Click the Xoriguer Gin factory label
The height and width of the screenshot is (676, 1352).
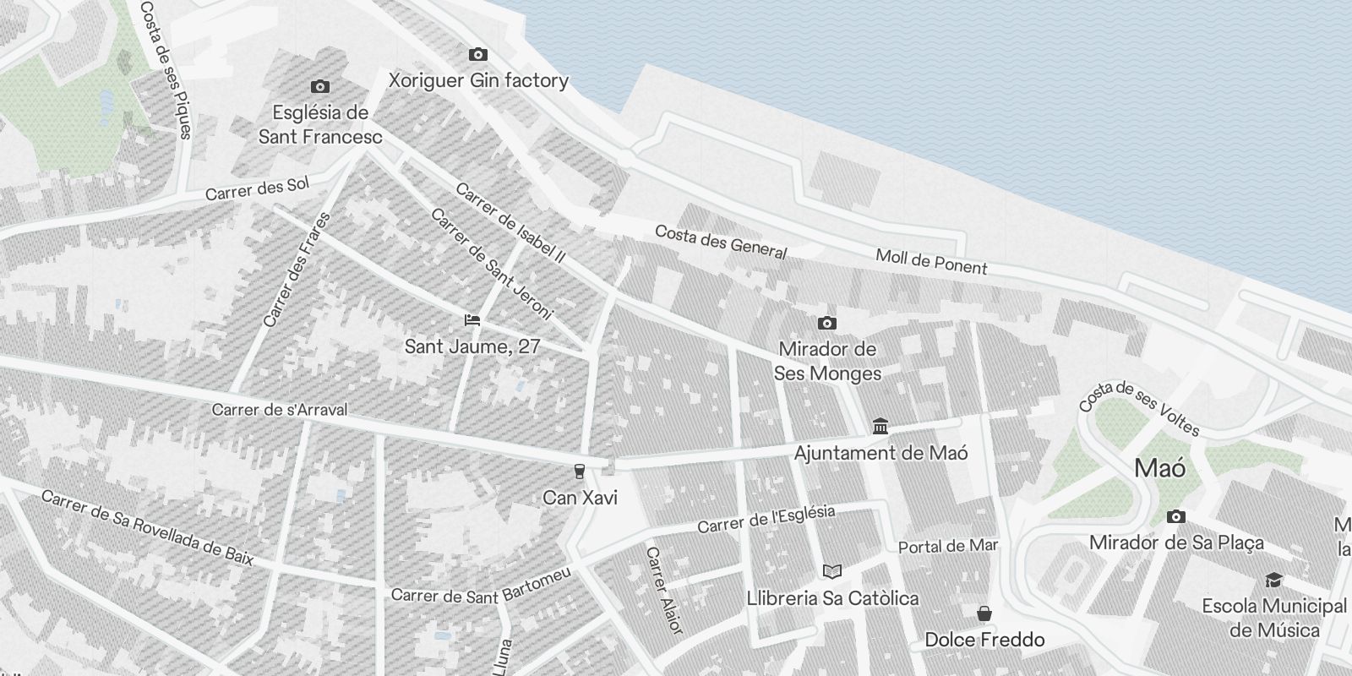point(477,81)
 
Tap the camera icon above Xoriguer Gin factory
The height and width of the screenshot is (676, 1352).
point(477,55)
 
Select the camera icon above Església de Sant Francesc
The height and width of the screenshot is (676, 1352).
point(320,86)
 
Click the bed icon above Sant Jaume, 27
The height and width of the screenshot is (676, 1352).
point(472,320)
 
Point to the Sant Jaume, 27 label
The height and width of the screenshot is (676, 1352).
point(472,346)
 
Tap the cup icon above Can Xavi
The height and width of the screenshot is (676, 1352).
point(580,471)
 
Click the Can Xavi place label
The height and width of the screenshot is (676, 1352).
point(580,498)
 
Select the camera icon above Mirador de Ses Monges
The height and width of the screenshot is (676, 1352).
point(827,323)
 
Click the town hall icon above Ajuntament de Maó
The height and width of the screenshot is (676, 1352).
point(880,426)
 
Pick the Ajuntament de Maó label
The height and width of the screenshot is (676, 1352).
point(880,453)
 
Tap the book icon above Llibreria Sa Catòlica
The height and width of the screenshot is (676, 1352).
point(832,571)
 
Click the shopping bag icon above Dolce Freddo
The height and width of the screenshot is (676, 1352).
point(984,613)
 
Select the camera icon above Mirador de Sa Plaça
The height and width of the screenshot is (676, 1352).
point(1176,516)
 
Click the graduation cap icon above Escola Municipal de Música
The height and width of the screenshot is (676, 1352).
point(1273,580)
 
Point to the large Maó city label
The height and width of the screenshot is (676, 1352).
point(1160,468)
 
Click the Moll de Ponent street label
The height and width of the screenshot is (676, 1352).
point(931,262)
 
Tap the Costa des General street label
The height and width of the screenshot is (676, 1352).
point(721,243)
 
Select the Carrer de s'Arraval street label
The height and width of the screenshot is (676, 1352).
point(279,410)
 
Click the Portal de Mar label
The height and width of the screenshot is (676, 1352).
point(948,547)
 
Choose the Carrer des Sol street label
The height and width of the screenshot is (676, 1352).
point(258,189)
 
